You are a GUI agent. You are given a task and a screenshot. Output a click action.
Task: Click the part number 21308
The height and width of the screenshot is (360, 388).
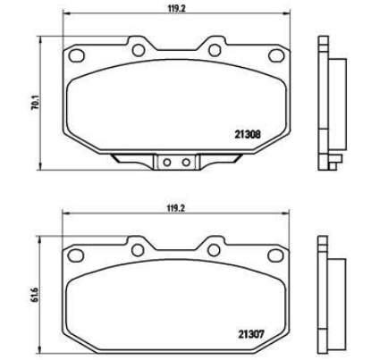pos(248,135)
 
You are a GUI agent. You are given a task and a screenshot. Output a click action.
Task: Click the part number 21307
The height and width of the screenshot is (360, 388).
pos(251,334)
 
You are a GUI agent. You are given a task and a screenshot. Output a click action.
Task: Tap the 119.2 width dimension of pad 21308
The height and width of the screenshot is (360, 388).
pos(176,8)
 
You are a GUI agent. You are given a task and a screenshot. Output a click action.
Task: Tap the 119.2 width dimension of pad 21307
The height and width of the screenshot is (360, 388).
pos(176,208)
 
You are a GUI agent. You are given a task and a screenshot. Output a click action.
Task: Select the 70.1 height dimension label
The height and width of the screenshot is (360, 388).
pos(34,103)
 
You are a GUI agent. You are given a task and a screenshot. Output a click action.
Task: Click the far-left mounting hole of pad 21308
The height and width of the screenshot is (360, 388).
pos(76,55)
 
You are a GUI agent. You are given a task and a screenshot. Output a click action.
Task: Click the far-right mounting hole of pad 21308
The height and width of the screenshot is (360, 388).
pos(276,55)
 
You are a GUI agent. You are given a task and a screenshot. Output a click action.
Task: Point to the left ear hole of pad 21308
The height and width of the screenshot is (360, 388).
pos(139,50)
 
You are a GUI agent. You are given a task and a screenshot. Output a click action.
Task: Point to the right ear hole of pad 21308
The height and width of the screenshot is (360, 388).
pos(215,50)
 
